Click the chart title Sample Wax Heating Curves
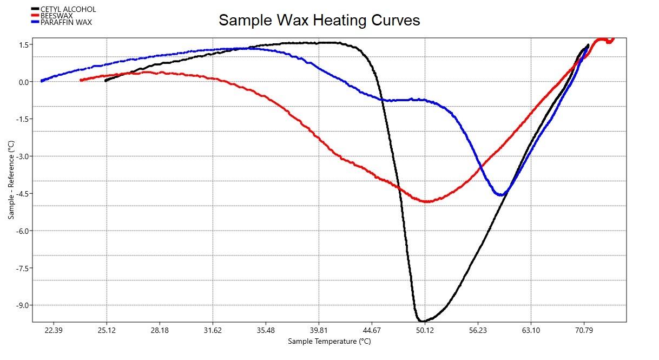pyautogui.click(x=319, y=21)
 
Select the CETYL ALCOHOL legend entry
pyautogui.click(x=68, y=9)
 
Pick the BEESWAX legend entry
pyautogui.click(x=56, y=16)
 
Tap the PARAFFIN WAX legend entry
pyautogui.click(x=66, y=22)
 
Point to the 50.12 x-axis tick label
pyautogui.click(x=425, y=330)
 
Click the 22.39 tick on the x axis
pyautogui.click(x=54, y=330)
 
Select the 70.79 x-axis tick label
pyautogui.click(x=584, y=330)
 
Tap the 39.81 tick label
pyautogui.click(x=319, y=330)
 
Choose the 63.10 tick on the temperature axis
pyautogui.click(x=531, y=330)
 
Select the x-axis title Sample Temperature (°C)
pyautogui.click(x=329, y=341)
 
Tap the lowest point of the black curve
pyautogui.click(x=421, y=321)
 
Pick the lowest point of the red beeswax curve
pyautogui.click(x=426, y=201)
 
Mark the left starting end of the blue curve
pyautogui.click(x=42, y=81)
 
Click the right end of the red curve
pyautogui.click(x=613, y=38)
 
